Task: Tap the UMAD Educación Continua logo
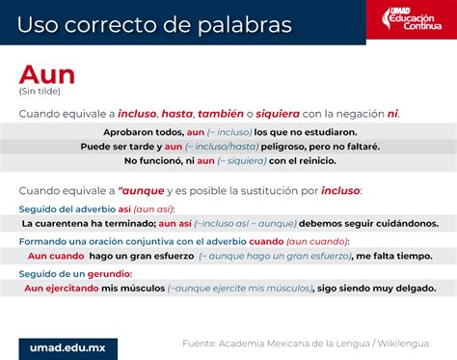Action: point(409,19)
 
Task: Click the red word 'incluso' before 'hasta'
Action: point(137,114)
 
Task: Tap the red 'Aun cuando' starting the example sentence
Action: point(54,256)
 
